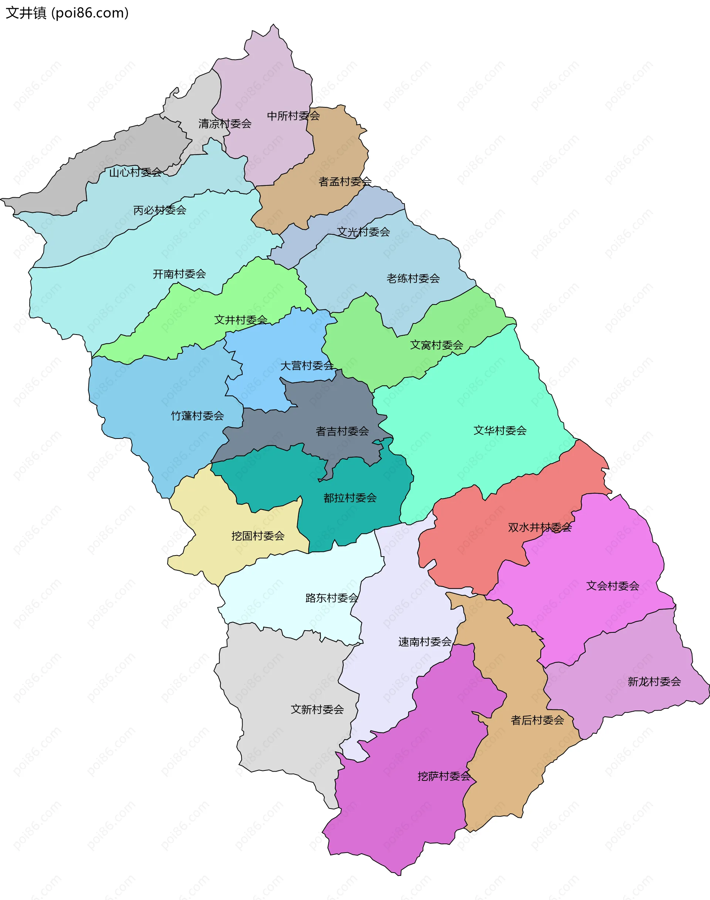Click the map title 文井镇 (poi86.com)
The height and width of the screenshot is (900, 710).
point(67,13)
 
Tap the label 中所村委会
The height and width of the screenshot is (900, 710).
point(293,116)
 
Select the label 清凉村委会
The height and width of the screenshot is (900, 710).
point(224,124)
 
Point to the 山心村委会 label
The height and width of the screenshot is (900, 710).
point(135,172)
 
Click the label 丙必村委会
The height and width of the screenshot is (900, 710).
point(160,211)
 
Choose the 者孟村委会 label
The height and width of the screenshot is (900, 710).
point(345,182)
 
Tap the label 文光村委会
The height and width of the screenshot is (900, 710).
point(363,232)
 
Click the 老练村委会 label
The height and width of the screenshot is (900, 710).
point(413,279)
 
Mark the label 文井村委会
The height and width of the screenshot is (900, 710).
point(240,320)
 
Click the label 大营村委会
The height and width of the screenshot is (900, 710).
point(307,366)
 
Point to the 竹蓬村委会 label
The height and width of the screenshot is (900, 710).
point(197,416)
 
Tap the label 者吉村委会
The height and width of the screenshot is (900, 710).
point(342,431)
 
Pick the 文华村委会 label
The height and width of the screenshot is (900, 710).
point(500,430)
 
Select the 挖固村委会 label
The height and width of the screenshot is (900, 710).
point(258,536)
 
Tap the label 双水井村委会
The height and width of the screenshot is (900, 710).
point(540,528)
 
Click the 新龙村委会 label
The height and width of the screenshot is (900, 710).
point(654,682)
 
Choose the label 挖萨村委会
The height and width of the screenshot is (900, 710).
point(444,776)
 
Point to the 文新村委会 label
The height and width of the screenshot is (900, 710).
point(317,709)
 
